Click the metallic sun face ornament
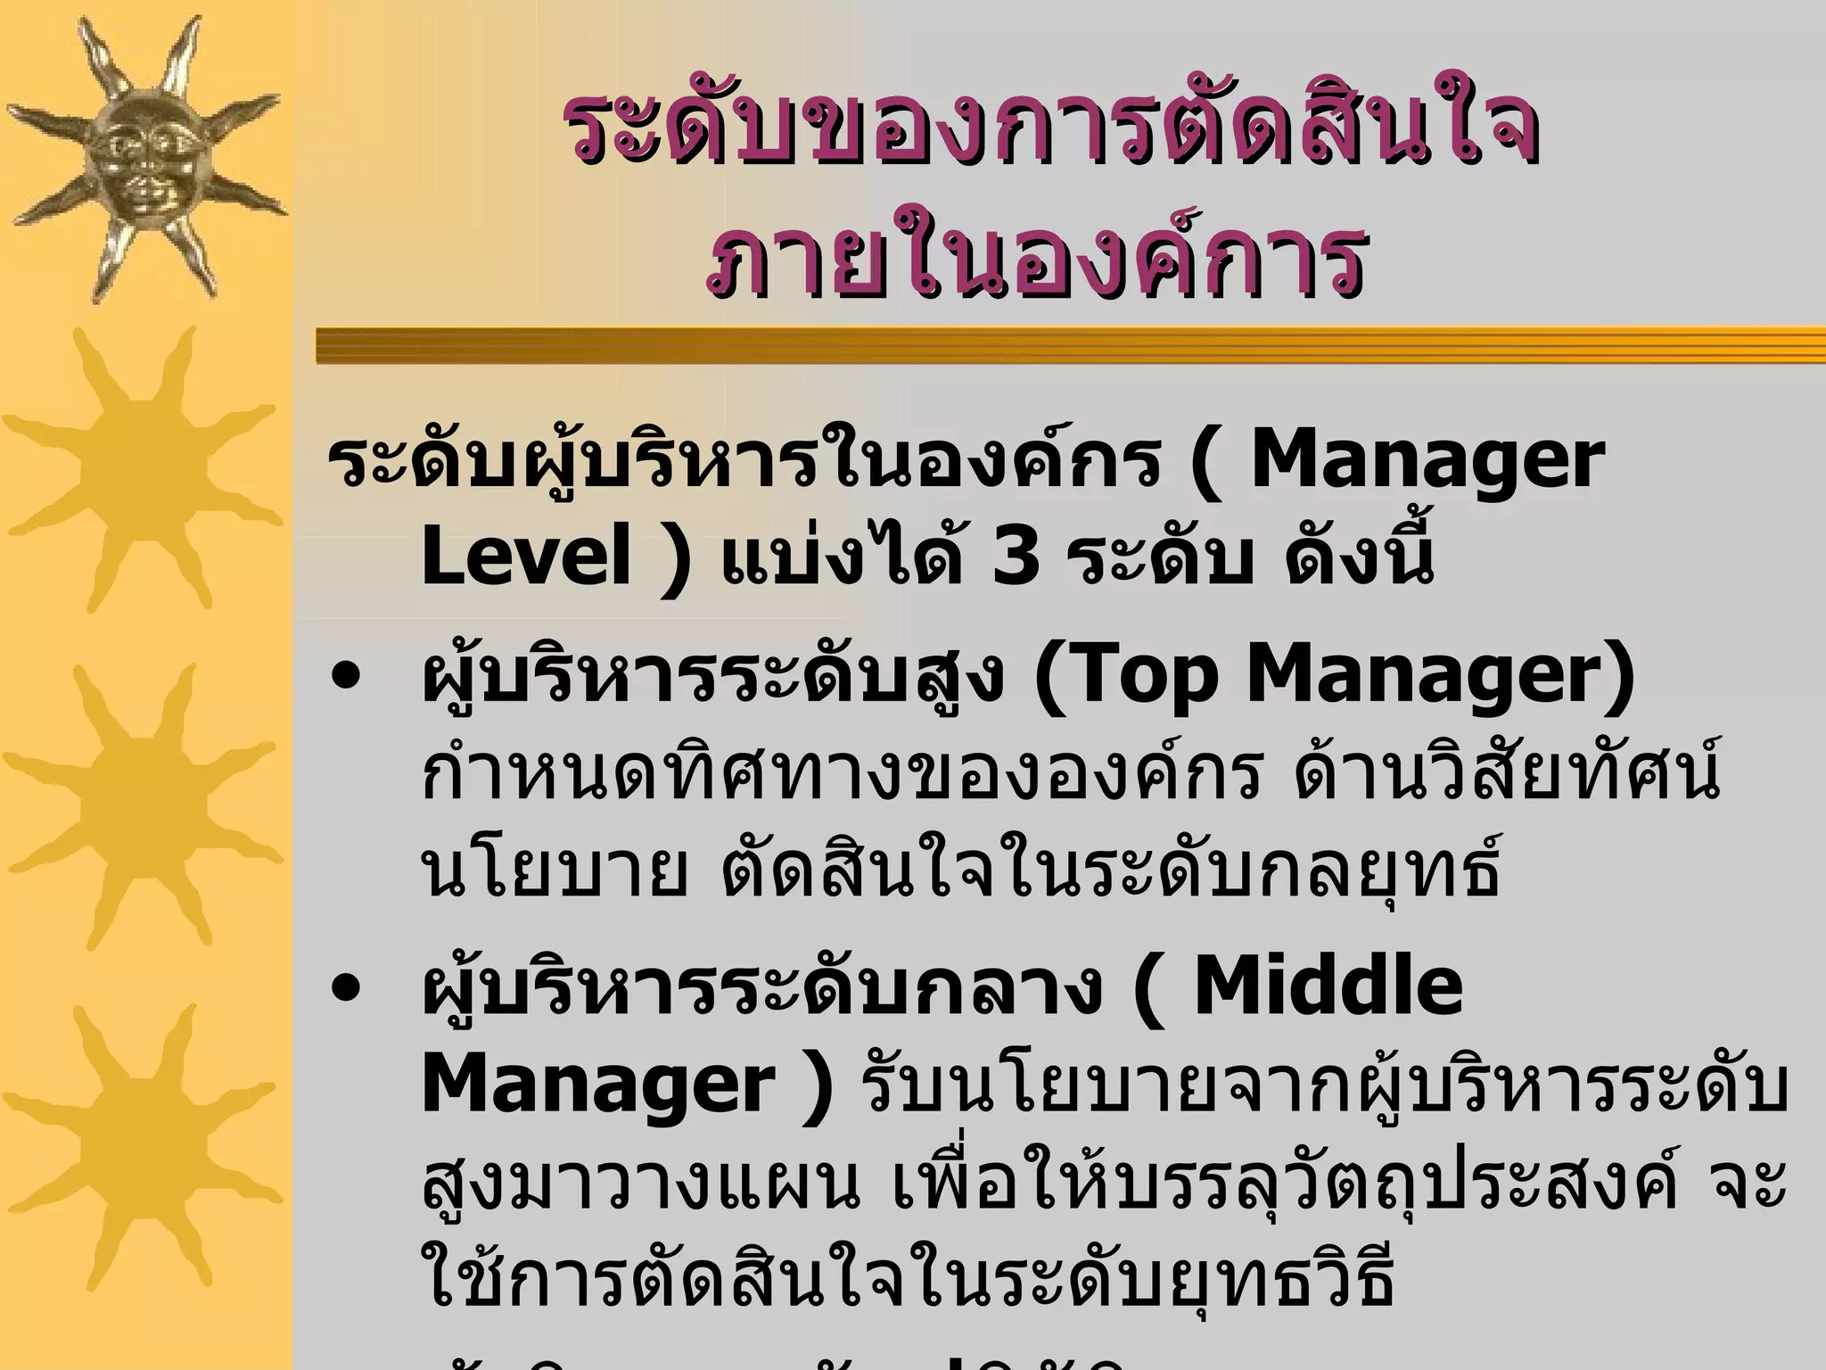point(143,156)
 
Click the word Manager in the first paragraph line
point(1427,464)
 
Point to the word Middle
point(1328,988)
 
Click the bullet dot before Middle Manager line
point(344,990)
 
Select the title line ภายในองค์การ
point(1034,259)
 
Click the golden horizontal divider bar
point(1070,345)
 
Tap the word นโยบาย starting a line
point(553,870)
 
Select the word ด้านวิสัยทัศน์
point(1507,772)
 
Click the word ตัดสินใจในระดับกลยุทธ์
point(1110,870)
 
